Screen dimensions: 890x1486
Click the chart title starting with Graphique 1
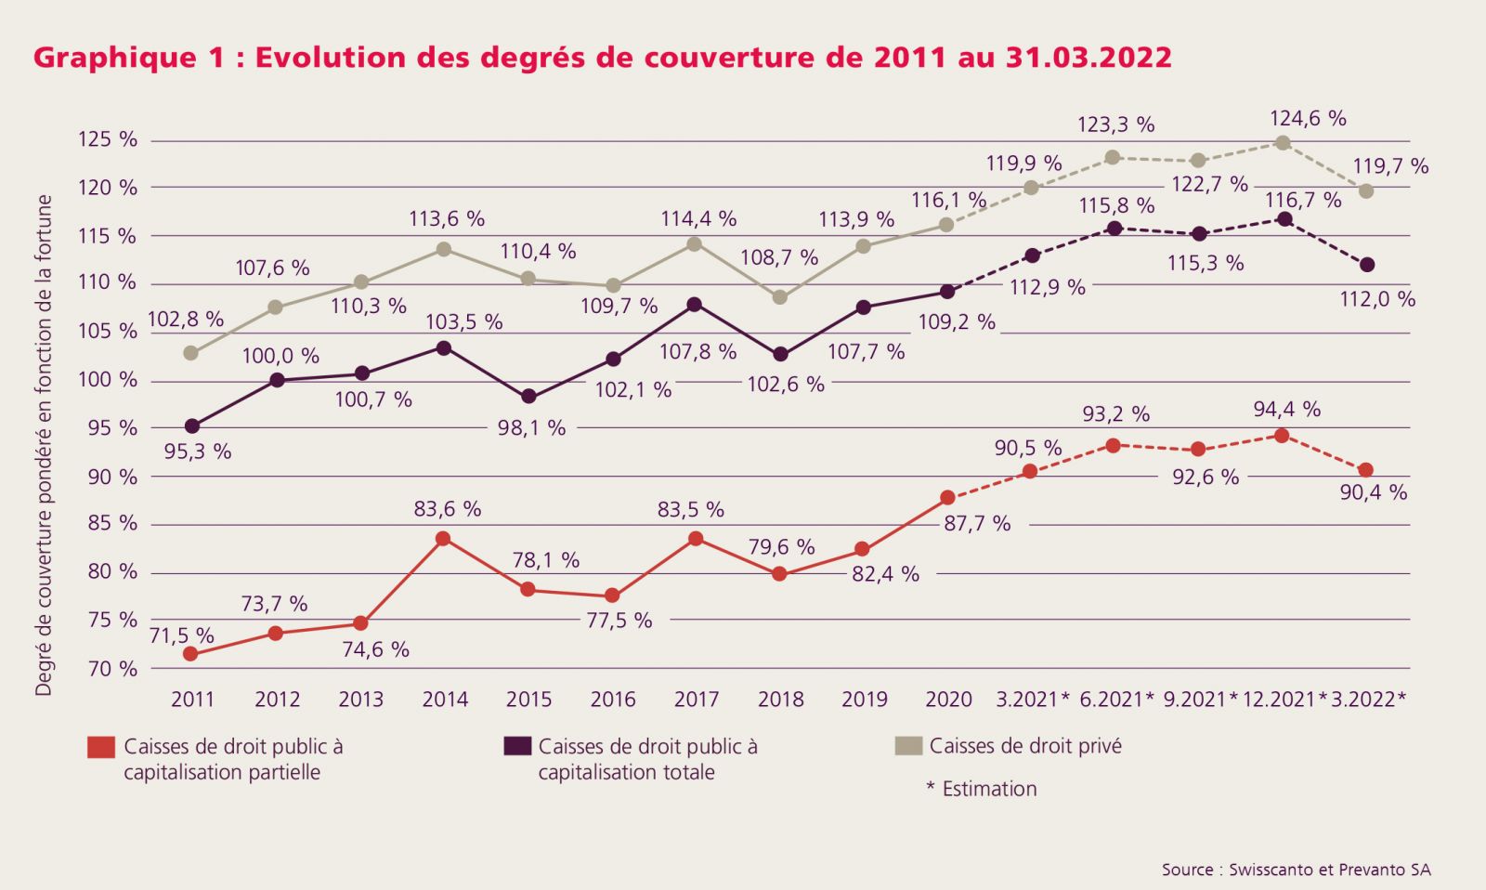[x=602, y=58]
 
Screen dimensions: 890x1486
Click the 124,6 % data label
[x=1308, y=119]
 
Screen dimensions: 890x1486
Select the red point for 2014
[x=443, y=539]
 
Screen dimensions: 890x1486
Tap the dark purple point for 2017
[x=695, y=304]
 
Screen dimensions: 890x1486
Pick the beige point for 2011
[x=191, y=353]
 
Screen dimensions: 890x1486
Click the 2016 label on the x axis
[x=613, y=700]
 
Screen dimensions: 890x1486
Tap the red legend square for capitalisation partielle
[x=101, y=747]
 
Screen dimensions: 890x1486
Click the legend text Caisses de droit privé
[x=1025, y=746]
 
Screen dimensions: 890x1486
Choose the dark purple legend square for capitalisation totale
[x=517, y=746]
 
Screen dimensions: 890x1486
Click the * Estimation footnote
[x=982, y=789]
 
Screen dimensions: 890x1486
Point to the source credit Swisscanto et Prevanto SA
[x=1296, y=870]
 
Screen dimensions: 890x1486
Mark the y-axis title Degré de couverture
[x=44, y=445]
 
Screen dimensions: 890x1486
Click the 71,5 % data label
[x=181, y=636]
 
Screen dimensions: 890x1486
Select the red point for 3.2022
[x=1365, y=470]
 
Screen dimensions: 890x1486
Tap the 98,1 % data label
[x=531, y=428]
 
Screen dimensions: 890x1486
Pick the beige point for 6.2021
[x=1113, y=157]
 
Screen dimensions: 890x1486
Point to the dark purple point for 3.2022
[x=1366, y=265]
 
